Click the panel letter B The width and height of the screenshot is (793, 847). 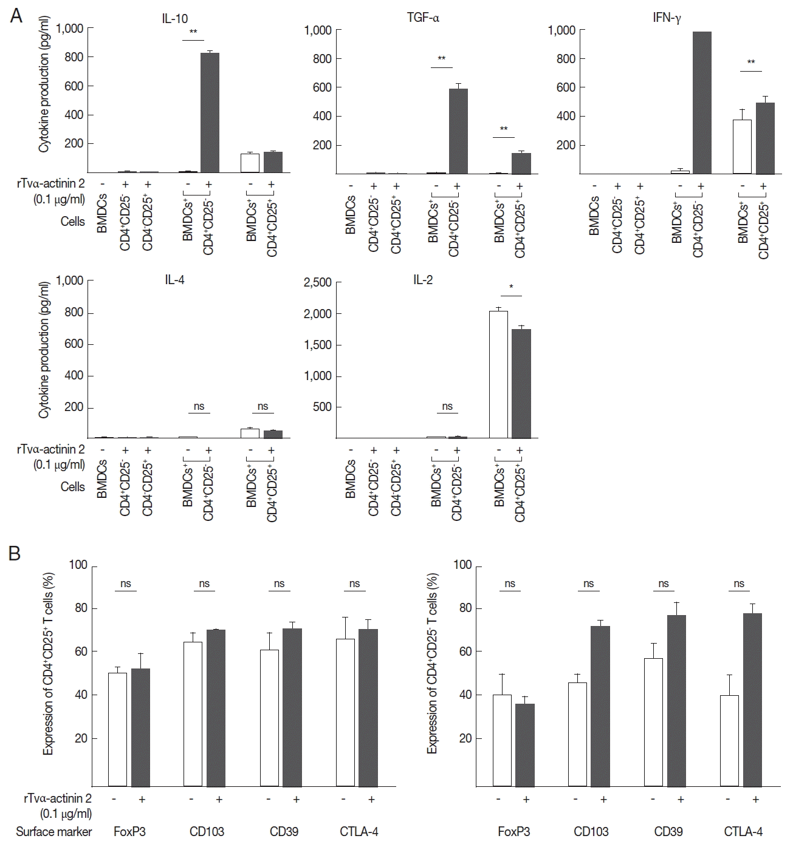point(16,553)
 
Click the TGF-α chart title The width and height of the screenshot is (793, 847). point(423,18)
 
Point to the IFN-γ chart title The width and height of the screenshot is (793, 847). point(667,18)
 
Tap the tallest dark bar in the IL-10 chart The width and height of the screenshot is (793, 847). point(210,114)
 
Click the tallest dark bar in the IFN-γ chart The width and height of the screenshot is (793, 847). point(702,103)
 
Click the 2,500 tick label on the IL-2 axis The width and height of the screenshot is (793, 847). point(318,282)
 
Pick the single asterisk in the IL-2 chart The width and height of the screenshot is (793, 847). point(512,287)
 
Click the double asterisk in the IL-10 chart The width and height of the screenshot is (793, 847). point(194,32)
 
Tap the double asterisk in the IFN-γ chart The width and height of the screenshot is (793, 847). point(751,63)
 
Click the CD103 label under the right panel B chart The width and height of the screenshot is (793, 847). point(591,831)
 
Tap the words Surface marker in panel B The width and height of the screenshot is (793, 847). point(54,831)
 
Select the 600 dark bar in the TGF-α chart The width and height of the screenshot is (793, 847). point(458,131)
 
